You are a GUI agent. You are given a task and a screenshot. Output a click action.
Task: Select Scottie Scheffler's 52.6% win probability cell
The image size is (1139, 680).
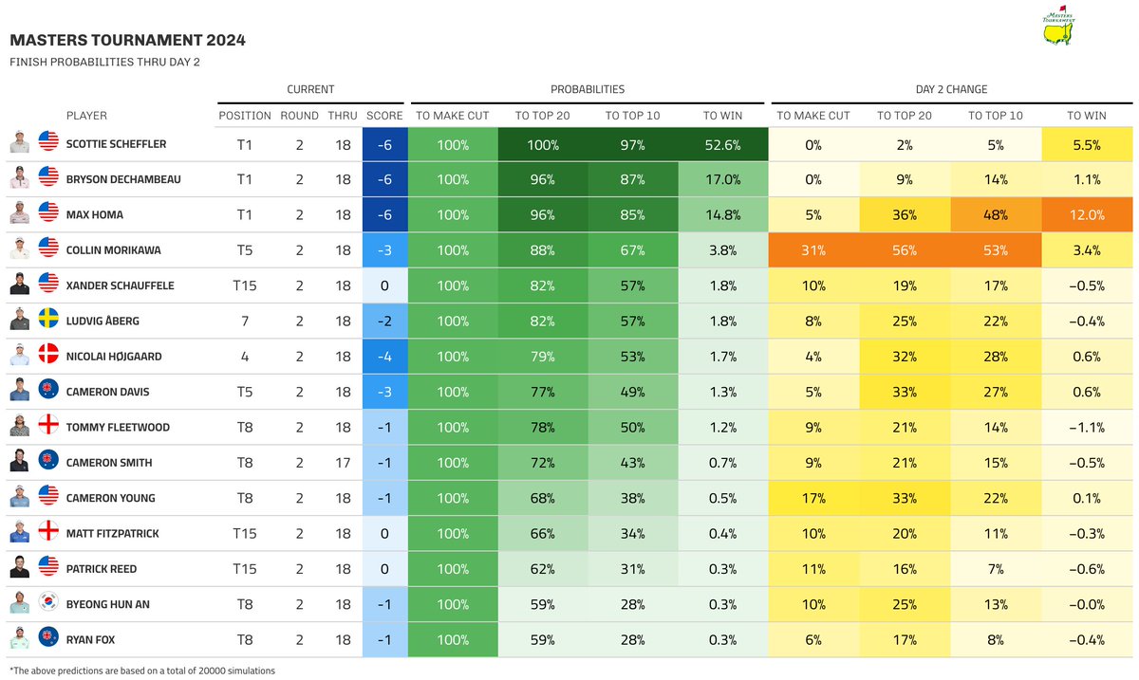pos(723,145)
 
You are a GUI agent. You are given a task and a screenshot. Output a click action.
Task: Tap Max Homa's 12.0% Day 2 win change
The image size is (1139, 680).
pos(1087,215)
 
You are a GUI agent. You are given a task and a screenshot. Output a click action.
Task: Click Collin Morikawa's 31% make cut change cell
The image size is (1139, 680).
pos(813,250)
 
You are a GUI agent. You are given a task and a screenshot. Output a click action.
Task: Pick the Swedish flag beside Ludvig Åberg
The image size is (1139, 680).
pos(48,321)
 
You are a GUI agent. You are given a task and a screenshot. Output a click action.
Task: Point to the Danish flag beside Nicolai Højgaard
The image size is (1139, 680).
pos(48,357)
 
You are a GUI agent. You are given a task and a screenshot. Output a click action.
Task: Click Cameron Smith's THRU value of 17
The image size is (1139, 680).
pos(343,463)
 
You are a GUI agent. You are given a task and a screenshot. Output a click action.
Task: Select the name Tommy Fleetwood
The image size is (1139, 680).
pos(118,428)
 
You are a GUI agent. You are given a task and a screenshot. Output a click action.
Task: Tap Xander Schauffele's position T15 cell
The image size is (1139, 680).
pos(244,285)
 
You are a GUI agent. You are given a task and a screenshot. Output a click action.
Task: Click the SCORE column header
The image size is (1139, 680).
pos(383,116)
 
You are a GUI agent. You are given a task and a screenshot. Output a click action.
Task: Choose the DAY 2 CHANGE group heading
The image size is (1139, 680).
pos(951,89)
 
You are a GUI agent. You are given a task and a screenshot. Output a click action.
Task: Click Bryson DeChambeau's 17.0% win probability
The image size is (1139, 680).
pos(723,179)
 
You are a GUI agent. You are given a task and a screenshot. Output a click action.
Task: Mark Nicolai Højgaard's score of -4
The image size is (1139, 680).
pos(383,357)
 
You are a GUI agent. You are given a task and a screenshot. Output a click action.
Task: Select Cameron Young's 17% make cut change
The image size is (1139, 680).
pos(813,498)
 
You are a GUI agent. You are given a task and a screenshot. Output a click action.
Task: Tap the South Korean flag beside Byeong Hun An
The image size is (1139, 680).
pos(48,604)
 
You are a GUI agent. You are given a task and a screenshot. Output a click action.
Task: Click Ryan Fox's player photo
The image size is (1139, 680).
pos(20,639)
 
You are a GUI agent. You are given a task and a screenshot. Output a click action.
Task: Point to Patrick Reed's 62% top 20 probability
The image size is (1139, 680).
pos(542,569)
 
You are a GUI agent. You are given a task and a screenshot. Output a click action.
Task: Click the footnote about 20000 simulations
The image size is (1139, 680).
pos(141,671)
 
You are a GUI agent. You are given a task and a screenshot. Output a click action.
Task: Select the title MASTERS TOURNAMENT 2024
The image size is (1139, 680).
pos(127,40)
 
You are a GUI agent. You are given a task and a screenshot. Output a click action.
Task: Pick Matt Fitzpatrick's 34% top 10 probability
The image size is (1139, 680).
pos(632,534)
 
